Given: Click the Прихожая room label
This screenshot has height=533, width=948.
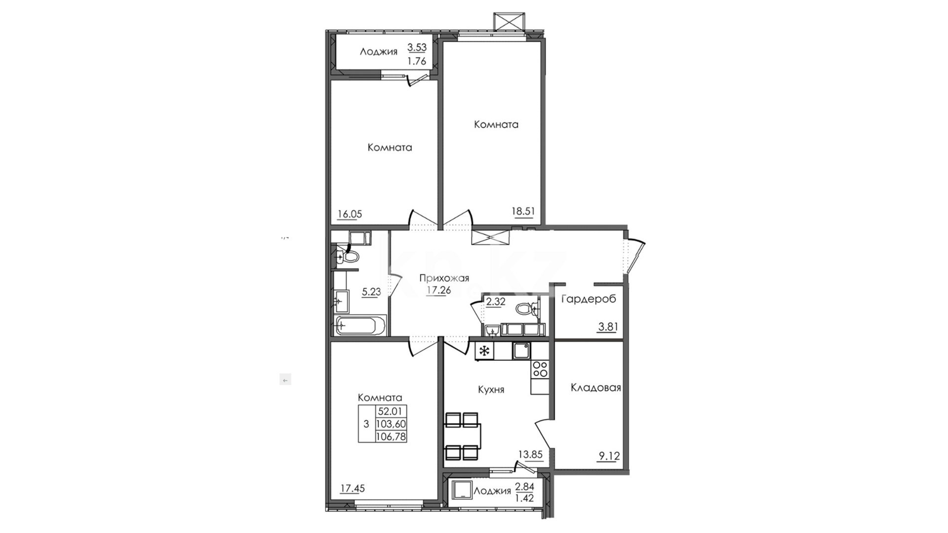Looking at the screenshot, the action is click(444, 278).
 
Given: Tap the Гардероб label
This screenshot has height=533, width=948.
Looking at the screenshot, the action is click(589, 299).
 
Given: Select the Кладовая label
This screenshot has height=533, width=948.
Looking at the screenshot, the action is click(595, 387).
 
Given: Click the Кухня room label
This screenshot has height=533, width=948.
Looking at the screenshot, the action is click(491, 389).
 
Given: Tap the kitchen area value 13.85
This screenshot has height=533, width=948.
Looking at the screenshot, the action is click(530, 455).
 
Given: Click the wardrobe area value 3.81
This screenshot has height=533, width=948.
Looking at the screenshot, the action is click(607, 327).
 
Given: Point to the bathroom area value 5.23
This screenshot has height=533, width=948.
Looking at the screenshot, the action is click(371, 292).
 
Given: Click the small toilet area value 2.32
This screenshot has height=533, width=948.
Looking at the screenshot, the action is click(496, 302).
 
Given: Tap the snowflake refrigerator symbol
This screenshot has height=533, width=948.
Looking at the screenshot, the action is click(484, 351).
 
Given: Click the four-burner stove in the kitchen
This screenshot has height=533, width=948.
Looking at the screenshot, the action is click(539, 369).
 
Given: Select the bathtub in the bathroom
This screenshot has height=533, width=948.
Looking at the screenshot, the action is click(360, 326).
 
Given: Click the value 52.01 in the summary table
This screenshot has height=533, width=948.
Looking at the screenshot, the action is click(391, 411).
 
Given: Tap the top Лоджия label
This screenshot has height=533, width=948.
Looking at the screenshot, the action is click(378, 52).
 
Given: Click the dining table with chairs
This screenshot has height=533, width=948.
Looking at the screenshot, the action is click(462, 436).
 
